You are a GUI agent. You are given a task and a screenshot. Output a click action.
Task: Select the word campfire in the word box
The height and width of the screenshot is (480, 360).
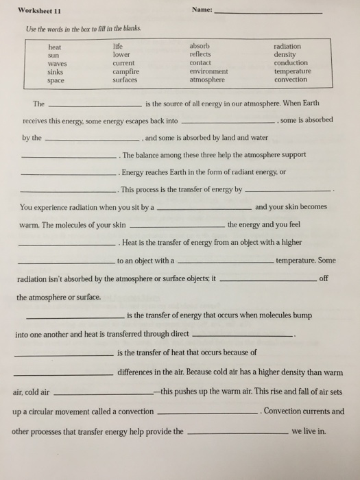point(125,71)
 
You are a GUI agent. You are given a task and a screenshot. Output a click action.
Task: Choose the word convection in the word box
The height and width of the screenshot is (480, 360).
point(291,80)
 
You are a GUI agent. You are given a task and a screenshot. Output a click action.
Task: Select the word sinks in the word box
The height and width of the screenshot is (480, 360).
point(56,71)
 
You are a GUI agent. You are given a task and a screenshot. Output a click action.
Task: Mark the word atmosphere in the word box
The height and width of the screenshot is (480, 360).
point(207,80)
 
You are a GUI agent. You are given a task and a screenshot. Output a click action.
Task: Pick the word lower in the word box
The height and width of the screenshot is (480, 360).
point(121,54)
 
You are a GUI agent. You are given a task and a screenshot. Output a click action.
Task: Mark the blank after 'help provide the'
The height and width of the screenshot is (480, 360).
point(237,435)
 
